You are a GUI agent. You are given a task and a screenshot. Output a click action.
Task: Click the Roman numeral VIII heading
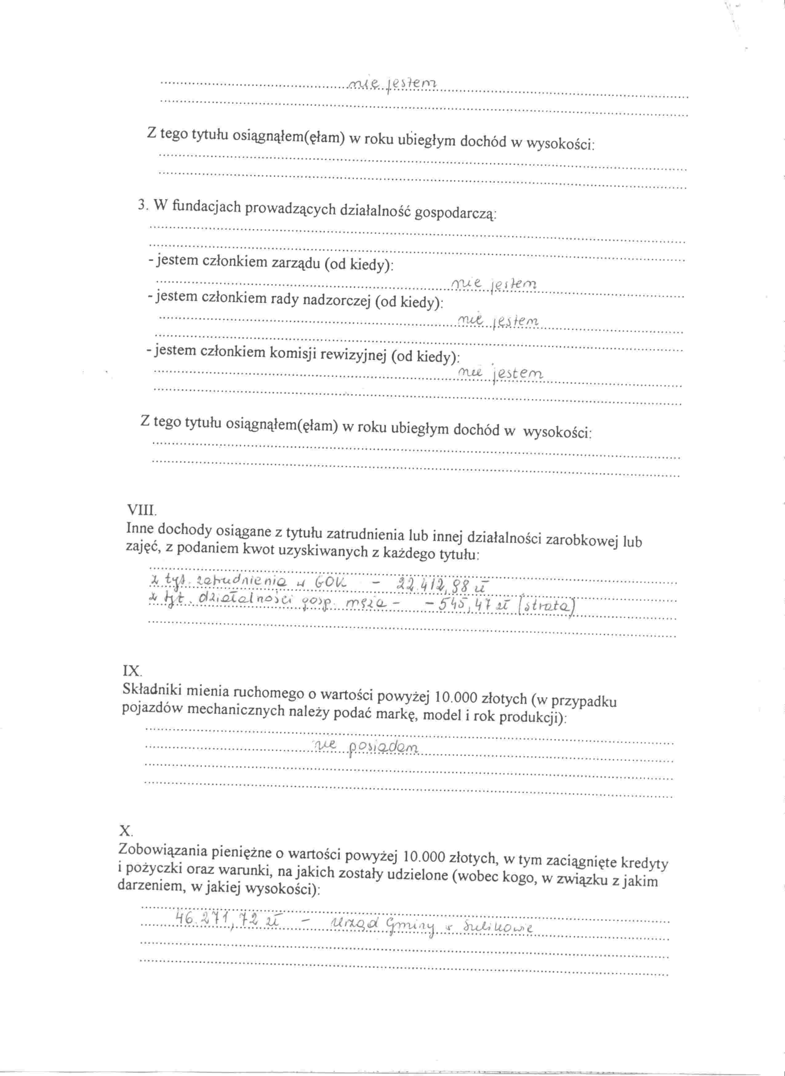pos(141,511)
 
